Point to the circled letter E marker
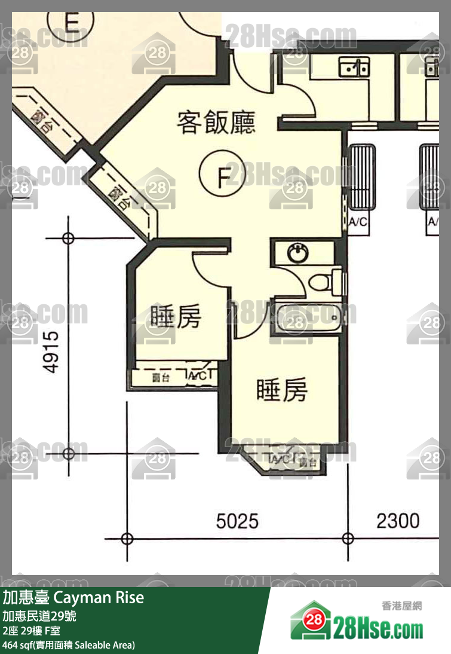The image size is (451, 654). tap(72, 23)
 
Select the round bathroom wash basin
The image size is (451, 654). tap(297, 254)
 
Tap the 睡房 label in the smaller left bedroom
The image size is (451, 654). tap(175, 317)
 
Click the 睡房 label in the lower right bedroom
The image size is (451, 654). tap(282, 390)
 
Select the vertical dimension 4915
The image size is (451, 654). tap(52, 352)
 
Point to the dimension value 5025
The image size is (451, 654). tap(237, 521)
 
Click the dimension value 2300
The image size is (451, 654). tap(398, 521)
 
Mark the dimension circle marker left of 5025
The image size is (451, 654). tap(127, 539)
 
